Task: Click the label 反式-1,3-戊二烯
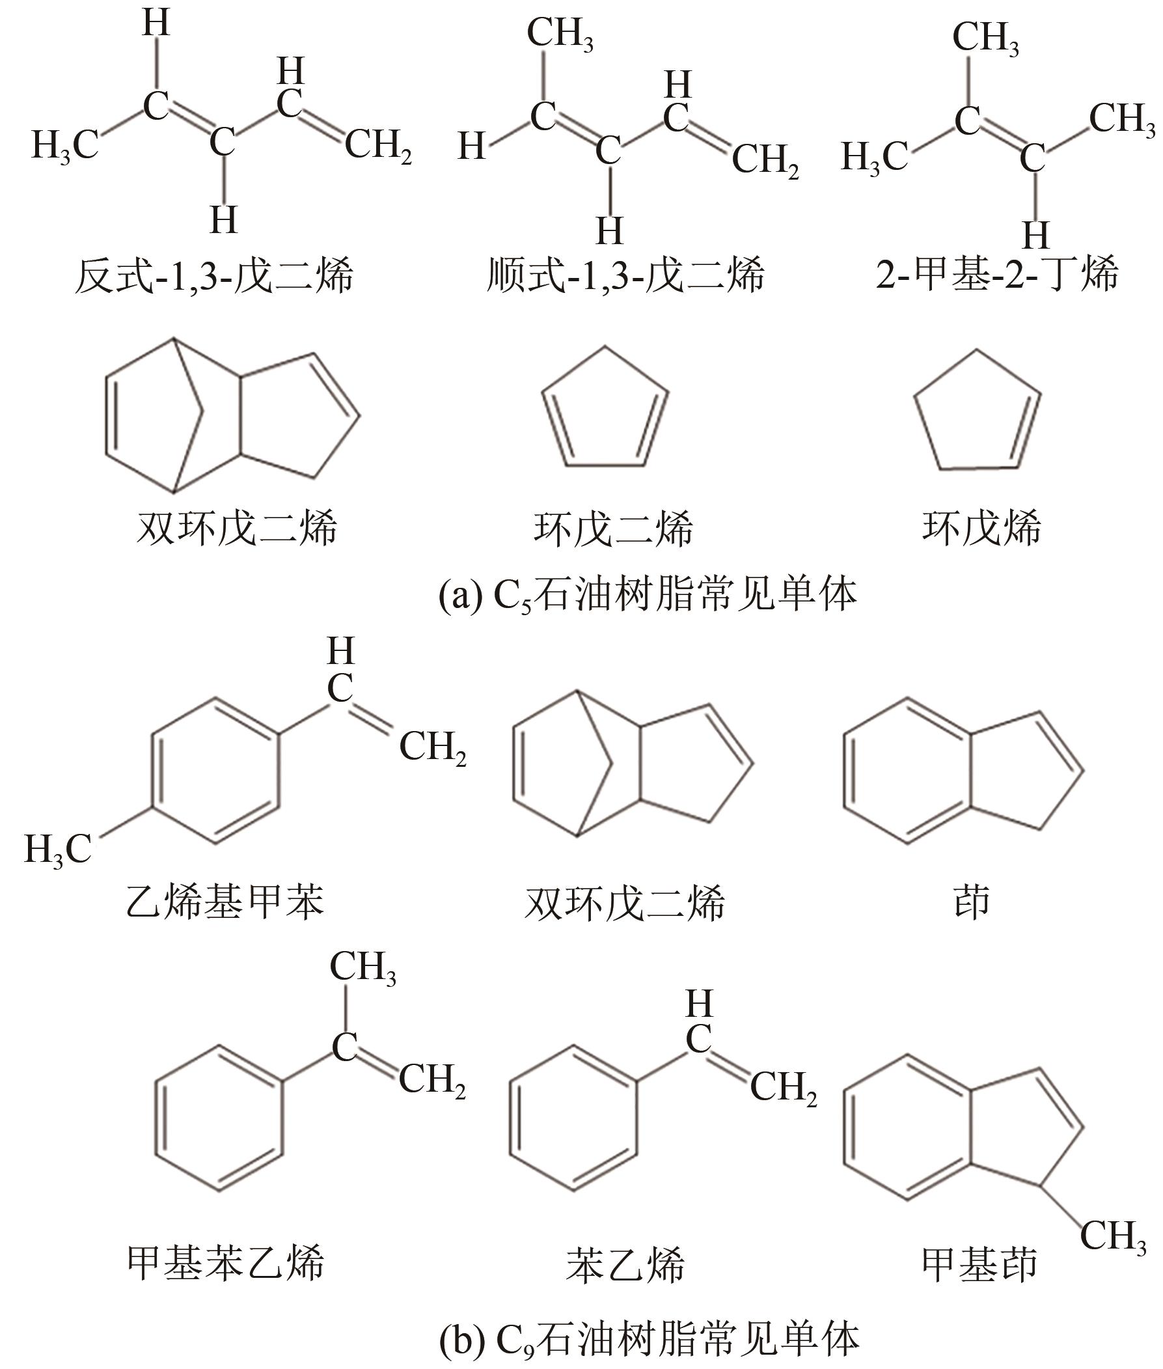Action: pos(214,275)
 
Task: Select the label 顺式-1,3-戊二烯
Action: pos(625,275)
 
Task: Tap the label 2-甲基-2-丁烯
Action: pos(996,275)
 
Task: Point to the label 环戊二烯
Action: pos(613,528)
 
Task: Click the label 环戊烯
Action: pos(981,528)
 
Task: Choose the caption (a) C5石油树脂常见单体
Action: pos(648,595)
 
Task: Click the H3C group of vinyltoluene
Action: pos(58,850)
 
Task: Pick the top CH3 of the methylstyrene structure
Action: pos(363,968)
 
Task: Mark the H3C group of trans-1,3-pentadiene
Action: pos(64,146)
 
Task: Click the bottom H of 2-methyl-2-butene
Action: pos(1035,236)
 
